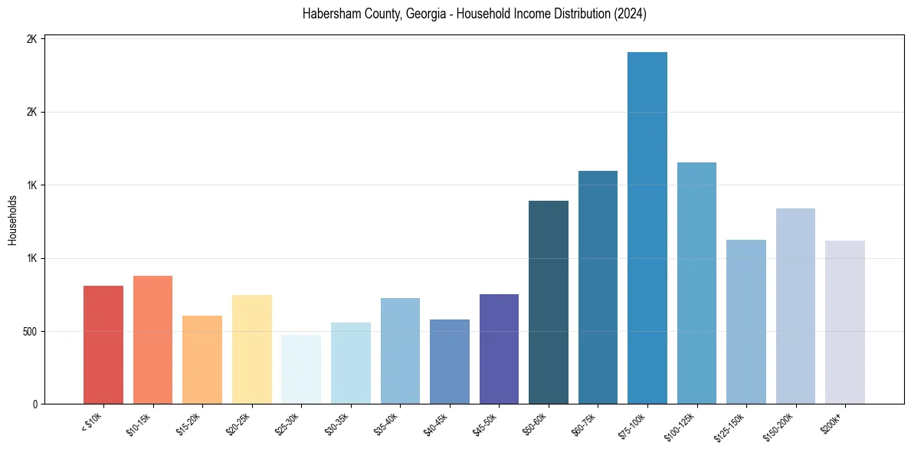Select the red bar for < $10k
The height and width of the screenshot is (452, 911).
click(x=103, y=345)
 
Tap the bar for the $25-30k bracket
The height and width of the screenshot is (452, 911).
click(x=301, y=369)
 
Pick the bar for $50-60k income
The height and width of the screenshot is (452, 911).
click(x=549, y=302)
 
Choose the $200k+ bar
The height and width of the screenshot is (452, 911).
click(x=845, y=322)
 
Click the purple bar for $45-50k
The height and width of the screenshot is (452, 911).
click(x=499, y=349)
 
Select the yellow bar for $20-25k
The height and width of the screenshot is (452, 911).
click(x=252, y=349)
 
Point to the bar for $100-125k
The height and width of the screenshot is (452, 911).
click(x=696, y=283)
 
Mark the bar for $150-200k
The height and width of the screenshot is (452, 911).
click(x=795, y=306)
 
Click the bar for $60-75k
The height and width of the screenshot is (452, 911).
click(x=598, y=287)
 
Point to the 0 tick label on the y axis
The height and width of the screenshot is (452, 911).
click(x=33, y=405)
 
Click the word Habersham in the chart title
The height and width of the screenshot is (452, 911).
click(x=326, y=15)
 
